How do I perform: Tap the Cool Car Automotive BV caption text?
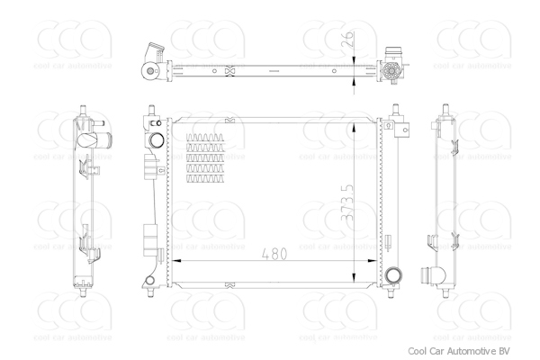point(463,350)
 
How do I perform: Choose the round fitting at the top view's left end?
point(147,71)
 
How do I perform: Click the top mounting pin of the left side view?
point(77,110)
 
